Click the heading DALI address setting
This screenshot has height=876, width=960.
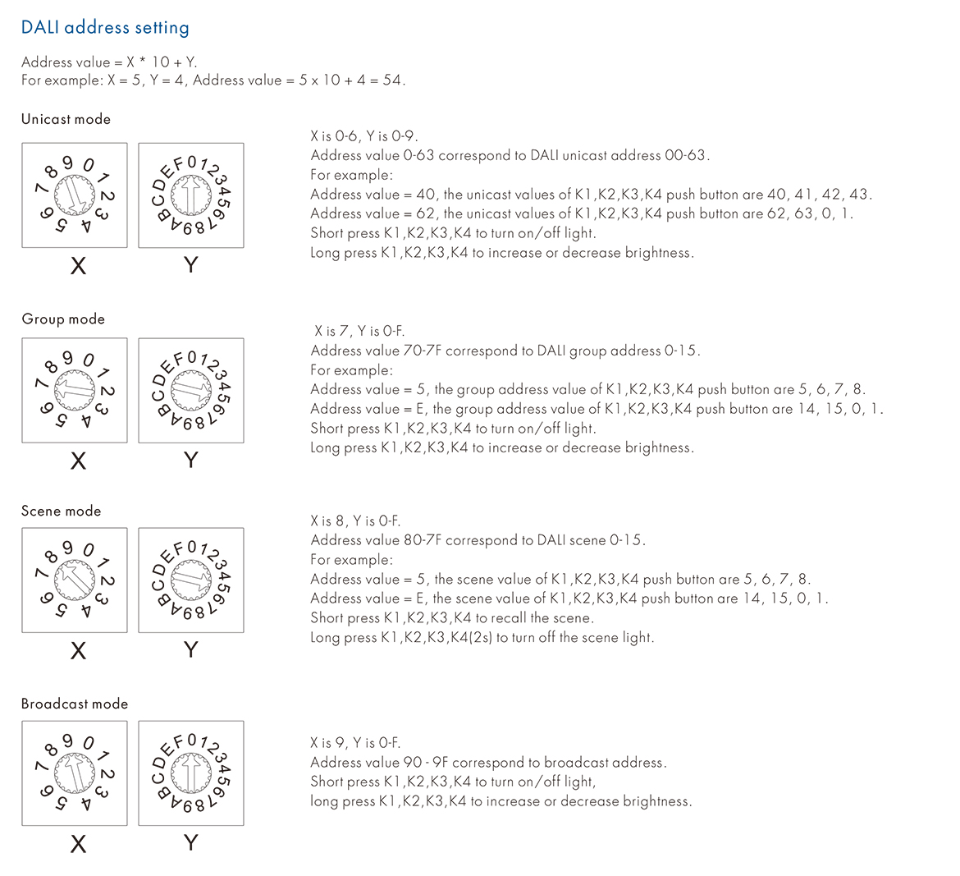pos(105,28)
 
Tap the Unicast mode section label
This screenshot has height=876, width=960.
pos(66,119)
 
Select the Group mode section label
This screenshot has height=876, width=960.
pos(63,319)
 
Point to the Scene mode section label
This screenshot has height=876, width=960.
pos(62,511)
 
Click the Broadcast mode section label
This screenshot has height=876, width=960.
pos(75,704)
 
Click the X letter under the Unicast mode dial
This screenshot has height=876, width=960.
pos(78,265)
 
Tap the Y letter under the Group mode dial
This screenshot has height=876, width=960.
pos(191,460)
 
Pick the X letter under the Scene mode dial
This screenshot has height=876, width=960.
pos(78,651)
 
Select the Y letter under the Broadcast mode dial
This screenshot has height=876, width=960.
pos(191,843)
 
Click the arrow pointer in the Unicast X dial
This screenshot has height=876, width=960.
pos(75,195)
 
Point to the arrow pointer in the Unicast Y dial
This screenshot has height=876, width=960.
pos(190,195)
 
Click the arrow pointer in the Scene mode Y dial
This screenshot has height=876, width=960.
pos(190,580)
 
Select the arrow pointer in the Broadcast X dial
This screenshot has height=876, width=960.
pos(75,773)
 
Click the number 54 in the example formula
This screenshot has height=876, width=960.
pos(392,80)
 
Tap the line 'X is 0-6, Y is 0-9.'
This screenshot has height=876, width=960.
pos(364,136)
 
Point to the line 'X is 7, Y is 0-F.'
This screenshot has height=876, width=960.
pos(359,332)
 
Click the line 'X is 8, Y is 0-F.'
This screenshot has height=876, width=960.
pos(355,521)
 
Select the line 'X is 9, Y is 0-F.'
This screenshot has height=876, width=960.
pos(355,743)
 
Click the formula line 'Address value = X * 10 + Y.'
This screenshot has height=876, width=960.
pos(109,62)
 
